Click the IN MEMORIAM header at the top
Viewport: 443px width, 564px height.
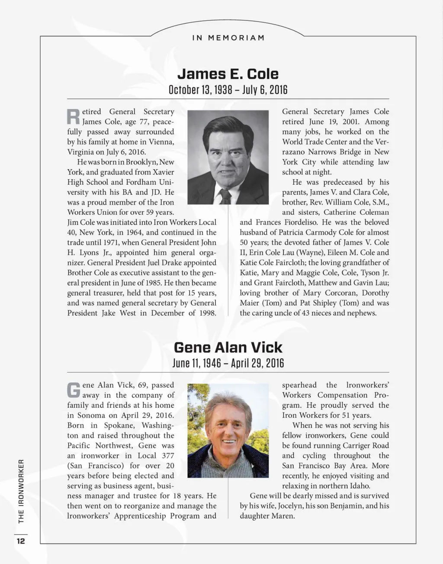[x=228, y=38]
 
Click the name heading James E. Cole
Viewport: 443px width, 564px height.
[x=228, y=74]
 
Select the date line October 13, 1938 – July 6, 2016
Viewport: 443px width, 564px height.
[x=228, y=90]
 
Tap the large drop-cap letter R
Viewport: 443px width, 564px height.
[x=73, y=116]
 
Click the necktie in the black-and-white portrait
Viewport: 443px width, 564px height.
[x=225, y=196]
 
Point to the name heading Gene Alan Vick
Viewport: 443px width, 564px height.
[x=228, y=347]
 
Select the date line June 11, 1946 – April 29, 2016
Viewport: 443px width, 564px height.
[x=228, y=363]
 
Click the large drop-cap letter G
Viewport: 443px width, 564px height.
[x=74, y=390]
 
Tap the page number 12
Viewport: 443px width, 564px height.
[x=20, y=541]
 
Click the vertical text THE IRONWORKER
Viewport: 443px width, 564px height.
[x=21, y=490]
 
